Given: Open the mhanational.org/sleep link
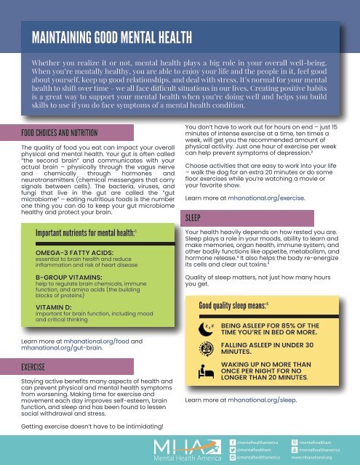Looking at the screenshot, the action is click(x=261, y=400).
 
